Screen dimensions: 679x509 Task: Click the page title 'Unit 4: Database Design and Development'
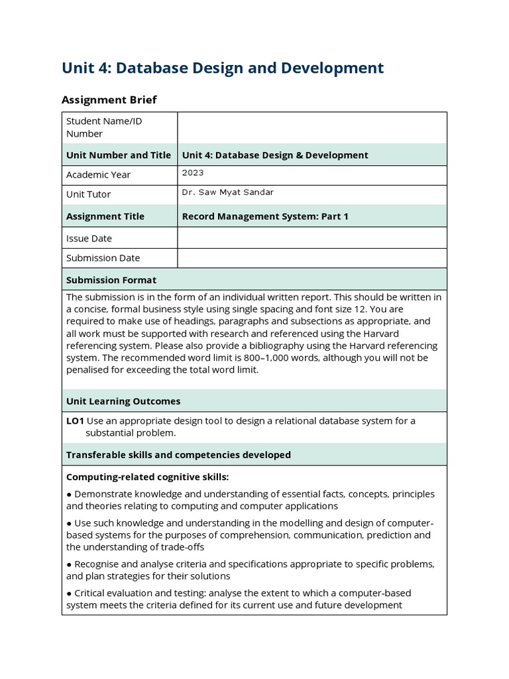(x=223, y=68)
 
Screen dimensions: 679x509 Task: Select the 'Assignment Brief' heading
(x=109, y=99)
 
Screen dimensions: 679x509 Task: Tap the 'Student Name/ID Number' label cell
(x=104, y=127)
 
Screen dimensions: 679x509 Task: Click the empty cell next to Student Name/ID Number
(x=311, y=127)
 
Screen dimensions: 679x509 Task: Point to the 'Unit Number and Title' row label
(x=119, y=155)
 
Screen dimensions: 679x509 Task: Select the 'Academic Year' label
(x=98, y=175)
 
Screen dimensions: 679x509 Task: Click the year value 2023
(x=193, y=173)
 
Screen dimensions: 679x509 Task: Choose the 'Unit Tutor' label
(x=88, y=195)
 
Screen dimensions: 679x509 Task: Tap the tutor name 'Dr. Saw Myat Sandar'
(x=227, y=193)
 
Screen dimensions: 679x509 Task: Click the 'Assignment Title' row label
(x=105, y=217)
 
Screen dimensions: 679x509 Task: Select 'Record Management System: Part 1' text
(x=265, y=217)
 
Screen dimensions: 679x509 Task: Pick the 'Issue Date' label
(x=89, y=239)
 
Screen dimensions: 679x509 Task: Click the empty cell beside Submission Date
(x=311, y=258)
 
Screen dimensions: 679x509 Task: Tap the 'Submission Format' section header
(x=111, y=280)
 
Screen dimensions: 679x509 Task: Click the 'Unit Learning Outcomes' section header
(x=123, y=401)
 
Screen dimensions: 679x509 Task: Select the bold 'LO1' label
(x=75, y=421)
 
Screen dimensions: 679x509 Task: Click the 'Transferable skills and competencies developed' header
(x=178, y=455)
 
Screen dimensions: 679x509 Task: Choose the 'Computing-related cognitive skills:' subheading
(x=147, y=477)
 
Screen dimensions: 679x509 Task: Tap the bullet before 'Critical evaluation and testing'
(x=69, y=593)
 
